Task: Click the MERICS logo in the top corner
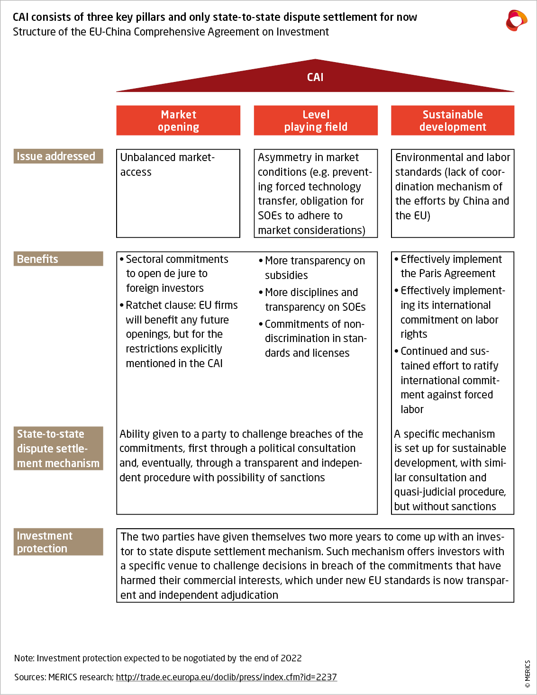516,20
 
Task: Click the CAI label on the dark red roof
315,77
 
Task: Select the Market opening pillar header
178,120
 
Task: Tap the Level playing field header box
316,120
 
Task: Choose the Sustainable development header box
453,120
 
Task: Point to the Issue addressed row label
58,156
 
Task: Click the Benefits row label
58,259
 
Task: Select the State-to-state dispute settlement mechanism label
58,448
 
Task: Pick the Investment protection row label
58,542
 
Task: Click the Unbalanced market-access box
178,193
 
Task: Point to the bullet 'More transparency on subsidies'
314,268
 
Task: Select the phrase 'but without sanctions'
445,506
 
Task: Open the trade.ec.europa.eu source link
226,677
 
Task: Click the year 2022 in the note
291,658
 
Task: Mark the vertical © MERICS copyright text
528,674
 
